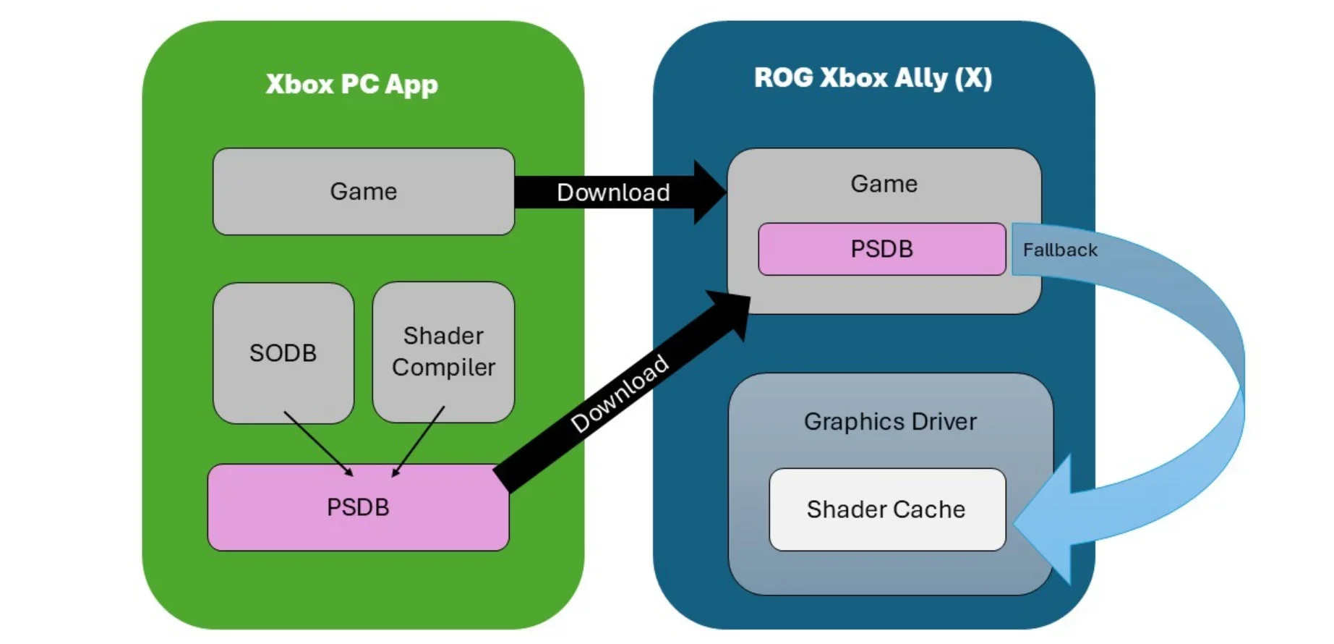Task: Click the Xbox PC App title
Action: tap(351, 85)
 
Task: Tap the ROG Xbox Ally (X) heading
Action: tap(873, 78)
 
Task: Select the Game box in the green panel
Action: tap(363, 192)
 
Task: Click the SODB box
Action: tap(283, 353)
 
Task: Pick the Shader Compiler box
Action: tap(443, 352)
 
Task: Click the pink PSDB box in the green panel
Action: tap(358, 507)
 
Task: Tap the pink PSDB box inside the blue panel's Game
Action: tap(881, 249)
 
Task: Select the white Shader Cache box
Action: tap(886, 509)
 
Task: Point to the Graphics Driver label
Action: tap(890, 422)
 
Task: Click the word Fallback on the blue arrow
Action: tap(1060, 250)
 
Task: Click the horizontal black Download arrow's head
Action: tap(709, 192)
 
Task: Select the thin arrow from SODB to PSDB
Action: tap(318, 444)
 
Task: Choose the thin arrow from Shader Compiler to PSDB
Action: tap(419, 441)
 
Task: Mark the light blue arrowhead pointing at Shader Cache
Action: tap(1048, 520)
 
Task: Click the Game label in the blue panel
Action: tap(884, 184)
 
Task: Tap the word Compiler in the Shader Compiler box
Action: tap(443, 368)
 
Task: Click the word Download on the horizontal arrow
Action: tap(613, 192)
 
